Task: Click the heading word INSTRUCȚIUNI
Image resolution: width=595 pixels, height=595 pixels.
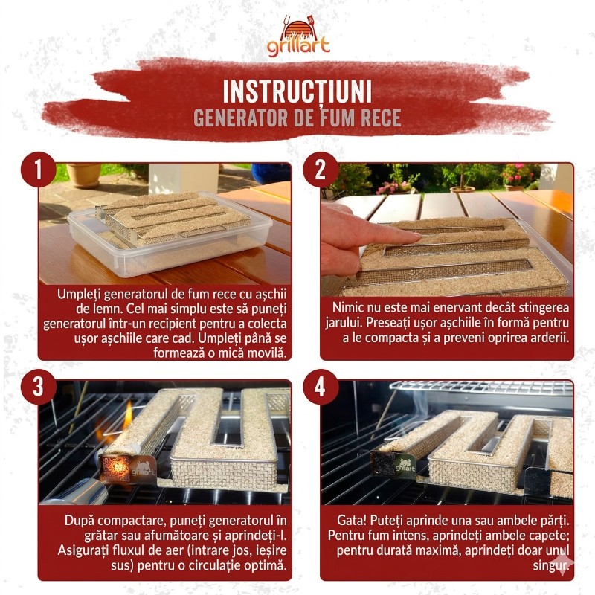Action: pyautogui.click(x=297, y=91)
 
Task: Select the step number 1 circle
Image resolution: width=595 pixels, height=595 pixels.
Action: pyautogui.click(x=39, y=170)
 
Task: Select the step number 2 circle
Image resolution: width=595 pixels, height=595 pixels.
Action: pyautogui.click(x=321, y=170)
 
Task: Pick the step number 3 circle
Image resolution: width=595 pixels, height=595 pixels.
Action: pyautogui.click(x=39, y=387)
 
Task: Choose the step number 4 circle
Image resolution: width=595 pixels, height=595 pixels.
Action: pyautogui.click(x=321, y=387)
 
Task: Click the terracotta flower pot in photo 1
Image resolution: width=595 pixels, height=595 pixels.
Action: pyautogui.click(x=84, y=175)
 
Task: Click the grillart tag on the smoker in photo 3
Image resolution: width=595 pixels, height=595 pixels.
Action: pyautogui.click(x=143, y=471)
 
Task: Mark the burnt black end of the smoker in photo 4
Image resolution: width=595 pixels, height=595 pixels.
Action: pyautogui.click(x=382, y=463)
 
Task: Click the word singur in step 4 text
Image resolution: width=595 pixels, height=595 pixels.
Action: pyautogui.click(x=551, y=566)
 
